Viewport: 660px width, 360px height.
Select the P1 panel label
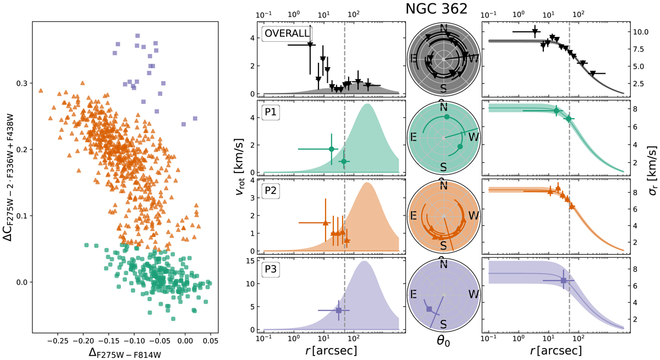pos(272,112)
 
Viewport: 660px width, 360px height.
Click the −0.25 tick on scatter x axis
pos(57,341)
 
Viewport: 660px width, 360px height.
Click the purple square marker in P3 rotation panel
pos(339,311)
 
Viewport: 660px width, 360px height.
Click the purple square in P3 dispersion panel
pos(563,280)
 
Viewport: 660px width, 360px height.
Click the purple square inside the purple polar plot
pos(429,309)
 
